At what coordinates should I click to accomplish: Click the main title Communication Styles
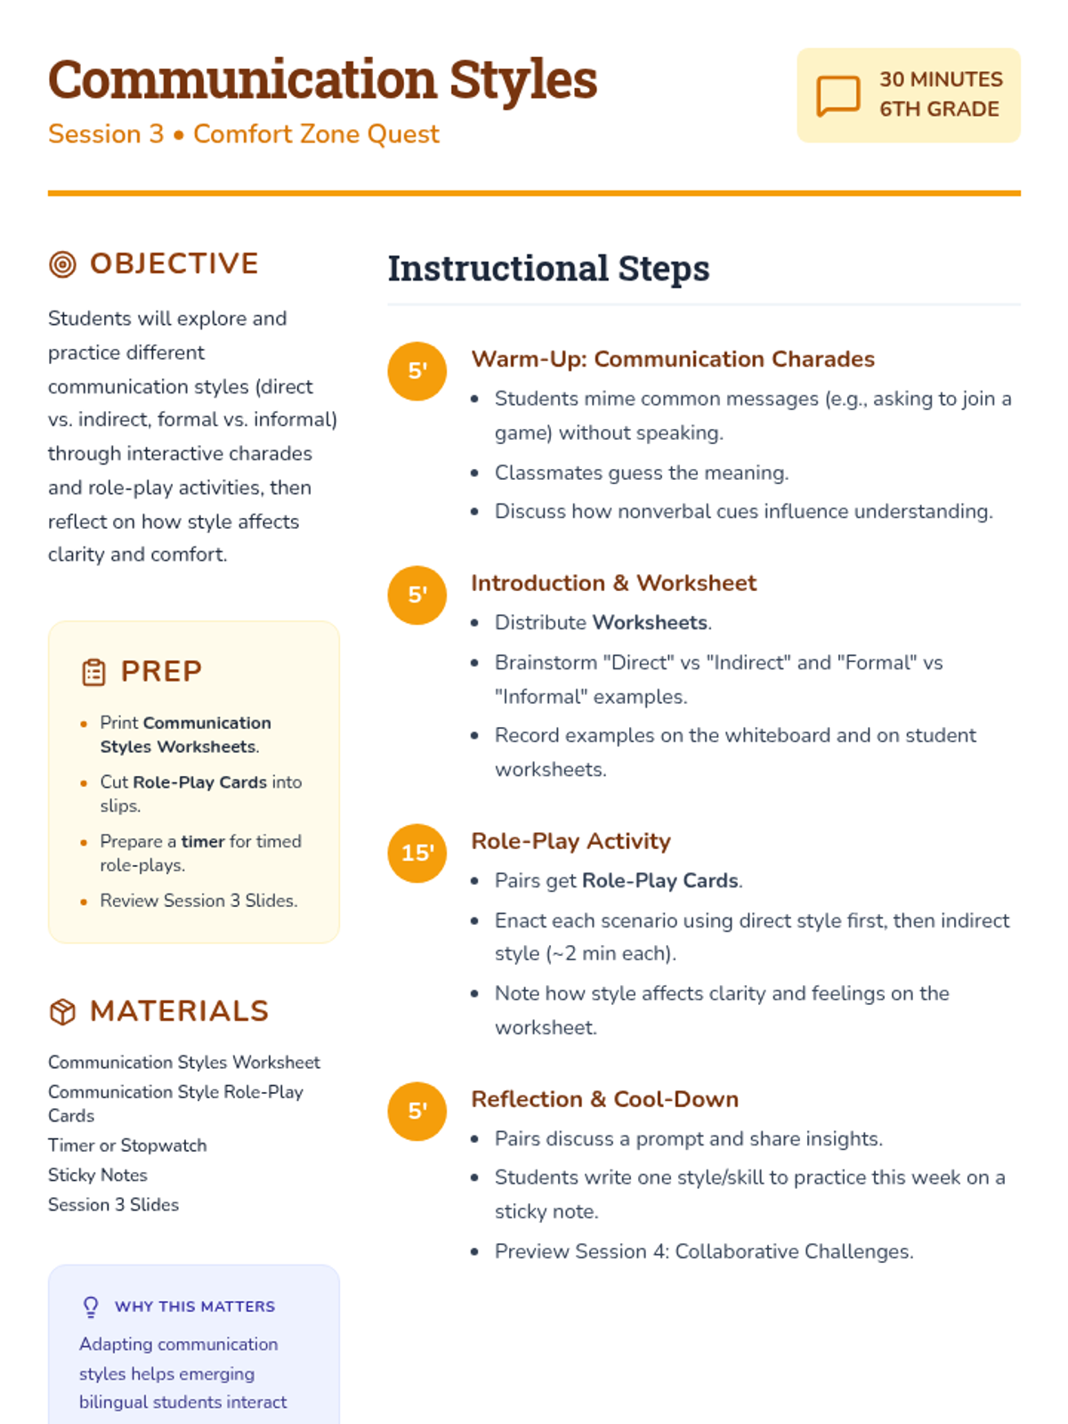pos(322,80)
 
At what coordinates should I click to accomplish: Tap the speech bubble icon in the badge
pos(837,95)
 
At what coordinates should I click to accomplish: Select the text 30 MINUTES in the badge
pos(941,79)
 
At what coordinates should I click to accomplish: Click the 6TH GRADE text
pos(939,109)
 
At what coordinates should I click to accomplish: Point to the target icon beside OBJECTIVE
pos(62,264)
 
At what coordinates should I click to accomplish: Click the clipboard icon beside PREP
pos(93,672)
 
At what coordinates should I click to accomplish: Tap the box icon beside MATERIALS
pos(62,1012)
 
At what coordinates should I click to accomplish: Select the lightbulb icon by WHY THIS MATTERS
pos(91,1307)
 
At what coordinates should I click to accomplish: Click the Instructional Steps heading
pos(548,269)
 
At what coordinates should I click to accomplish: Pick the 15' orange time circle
pos(417,853)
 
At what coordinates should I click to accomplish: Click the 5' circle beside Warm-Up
pos(417,370)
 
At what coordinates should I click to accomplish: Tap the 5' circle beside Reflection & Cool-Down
pos(417,1111)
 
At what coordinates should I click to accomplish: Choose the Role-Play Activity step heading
pos(570,841)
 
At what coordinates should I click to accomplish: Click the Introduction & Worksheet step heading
pos(613,583)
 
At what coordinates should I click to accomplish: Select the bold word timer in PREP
pos(203,842)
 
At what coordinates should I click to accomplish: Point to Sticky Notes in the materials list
pos(98,1176)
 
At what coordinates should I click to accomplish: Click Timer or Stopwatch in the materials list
pos(127,1145)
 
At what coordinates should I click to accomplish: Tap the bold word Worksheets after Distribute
pos(650,623)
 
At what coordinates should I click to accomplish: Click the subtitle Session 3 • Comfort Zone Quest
pos(243,134)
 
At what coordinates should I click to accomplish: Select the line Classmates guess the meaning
pos(641,473)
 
